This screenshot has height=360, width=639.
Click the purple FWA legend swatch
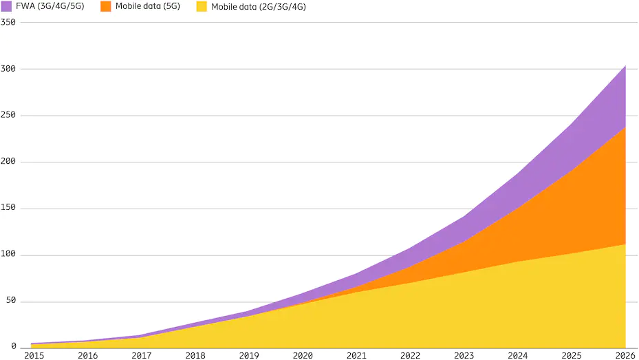pos(6,6)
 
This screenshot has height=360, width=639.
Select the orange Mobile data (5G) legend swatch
pos(105,6)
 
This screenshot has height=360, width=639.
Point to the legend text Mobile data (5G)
pos(149,6)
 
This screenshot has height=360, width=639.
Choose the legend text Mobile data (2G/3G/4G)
pos(258,6)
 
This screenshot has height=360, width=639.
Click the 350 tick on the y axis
pos(8,22)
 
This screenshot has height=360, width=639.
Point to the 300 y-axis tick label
pos(8,69)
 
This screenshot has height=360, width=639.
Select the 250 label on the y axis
pos(8,116)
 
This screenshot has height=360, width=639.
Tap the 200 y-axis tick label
pos(8,162)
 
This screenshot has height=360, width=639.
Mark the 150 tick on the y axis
pos(8,209)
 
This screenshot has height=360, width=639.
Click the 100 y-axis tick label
pos(8,255)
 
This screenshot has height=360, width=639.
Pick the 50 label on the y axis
pos(10,301)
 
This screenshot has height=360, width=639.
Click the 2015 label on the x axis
pos(34,355)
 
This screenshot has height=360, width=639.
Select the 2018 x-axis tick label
pos(195,355)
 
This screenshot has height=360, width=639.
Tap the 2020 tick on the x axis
pos(303,355)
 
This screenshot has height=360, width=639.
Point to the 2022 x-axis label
pos(411,355)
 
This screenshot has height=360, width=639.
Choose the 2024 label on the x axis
pos(518,355)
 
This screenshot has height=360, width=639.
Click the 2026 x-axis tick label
pos(625,355)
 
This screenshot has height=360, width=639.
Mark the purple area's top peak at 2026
pos(625,65)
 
